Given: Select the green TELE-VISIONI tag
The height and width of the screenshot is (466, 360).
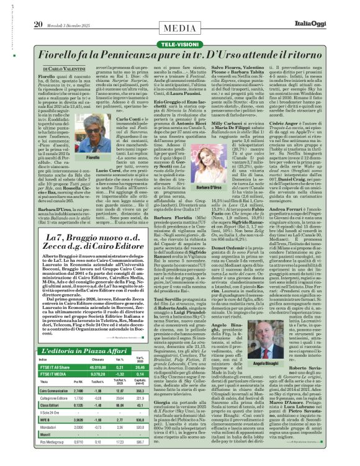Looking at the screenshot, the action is pos(179,28).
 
